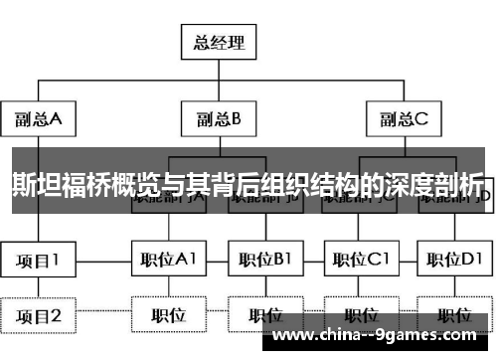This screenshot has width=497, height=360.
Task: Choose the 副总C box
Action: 404,119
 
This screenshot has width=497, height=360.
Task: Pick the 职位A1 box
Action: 168,261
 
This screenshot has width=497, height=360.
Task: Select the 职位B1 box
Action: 264,261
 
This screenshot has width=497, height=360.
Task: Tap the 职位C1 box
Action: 361,261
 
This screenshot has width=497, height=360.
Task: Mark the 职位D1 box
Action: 457,261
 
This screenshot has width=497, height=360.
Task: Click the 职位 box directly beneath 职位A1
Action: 168,316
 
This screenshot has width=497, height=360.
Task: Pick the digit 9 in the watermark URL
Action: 393,336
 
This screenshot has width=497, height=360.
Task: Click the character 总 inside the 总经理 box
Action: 199,42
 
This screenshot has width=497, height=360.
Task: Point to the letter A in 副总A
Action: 57,119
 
